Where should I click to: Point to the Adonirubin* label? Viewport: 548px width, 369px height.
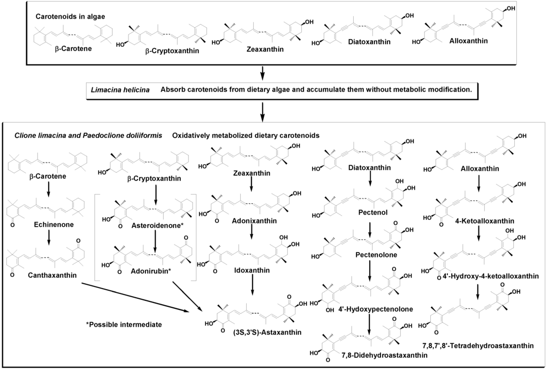tap(151, 271)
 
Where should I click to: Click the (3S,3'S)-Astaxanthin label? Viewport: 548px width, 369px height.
tap(263, 333)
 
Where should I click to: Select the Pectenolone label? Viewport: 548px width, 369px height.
tap(376, 255)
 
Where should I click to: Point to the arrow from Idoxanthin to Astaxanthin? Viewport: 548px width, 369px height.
tap(252, 287)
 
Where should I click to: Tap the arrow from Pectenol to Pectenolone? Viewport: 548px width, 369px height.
tap(370, 226)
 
